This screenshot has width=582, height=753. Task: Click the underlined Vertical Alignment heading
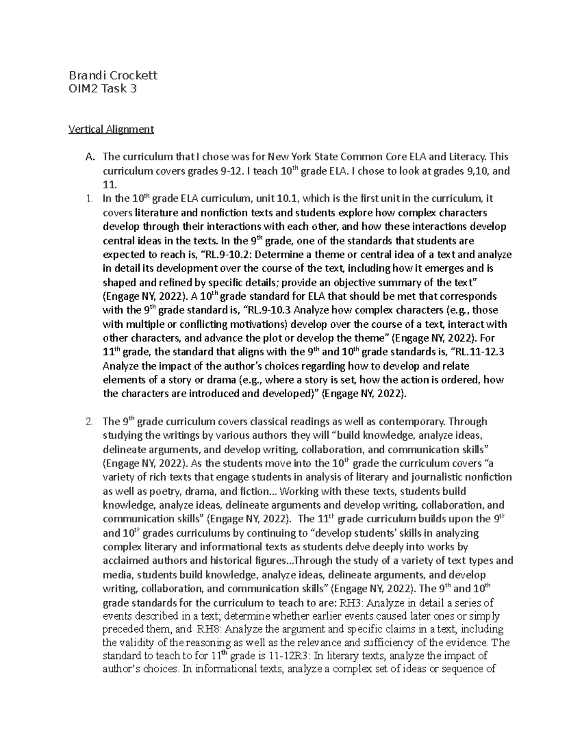[x=111, y=129]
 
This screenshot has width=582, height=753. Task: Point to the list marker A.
[x=88, y=157]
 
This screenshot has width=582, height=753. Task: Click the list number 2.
[x=88, y=421]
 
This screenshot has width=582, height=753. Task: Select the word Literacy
[x=465, y=157]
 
